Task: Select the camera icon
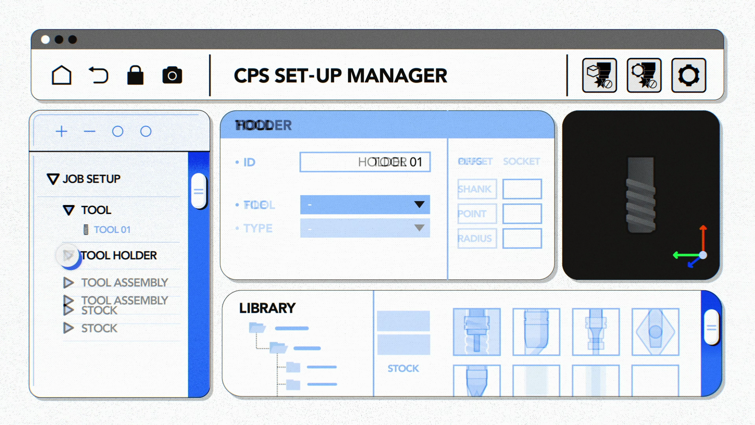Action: tap(172, 75)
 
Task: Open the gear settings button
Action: tap(689, 75)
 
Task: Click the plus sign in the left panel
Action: tap(61, 131)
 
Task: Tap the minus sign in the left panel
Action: tap(90, 131)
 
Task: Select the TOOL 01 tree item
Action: tap(112, 229)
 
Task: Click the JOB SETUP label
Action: tap(91, 179)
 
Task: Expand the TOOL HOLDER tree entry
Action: tap(68, 255)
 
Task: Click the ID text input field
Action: tap(365, 162)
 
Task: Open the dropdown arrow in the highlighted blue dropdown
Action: tap(419, 205)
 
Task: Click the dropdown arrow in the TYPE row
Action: tap(419, 228)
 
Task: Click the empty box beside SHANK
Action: tap(522, 189)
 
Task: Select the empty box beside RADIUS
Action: tap(522, 238)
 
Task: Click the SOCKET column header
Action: tap(521, 161)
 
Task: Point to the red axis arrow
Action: tap(703, 236)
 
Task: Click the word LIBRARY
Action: tap(267, 308)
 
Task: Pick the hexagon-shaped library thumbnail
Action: tap(655, 332)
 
